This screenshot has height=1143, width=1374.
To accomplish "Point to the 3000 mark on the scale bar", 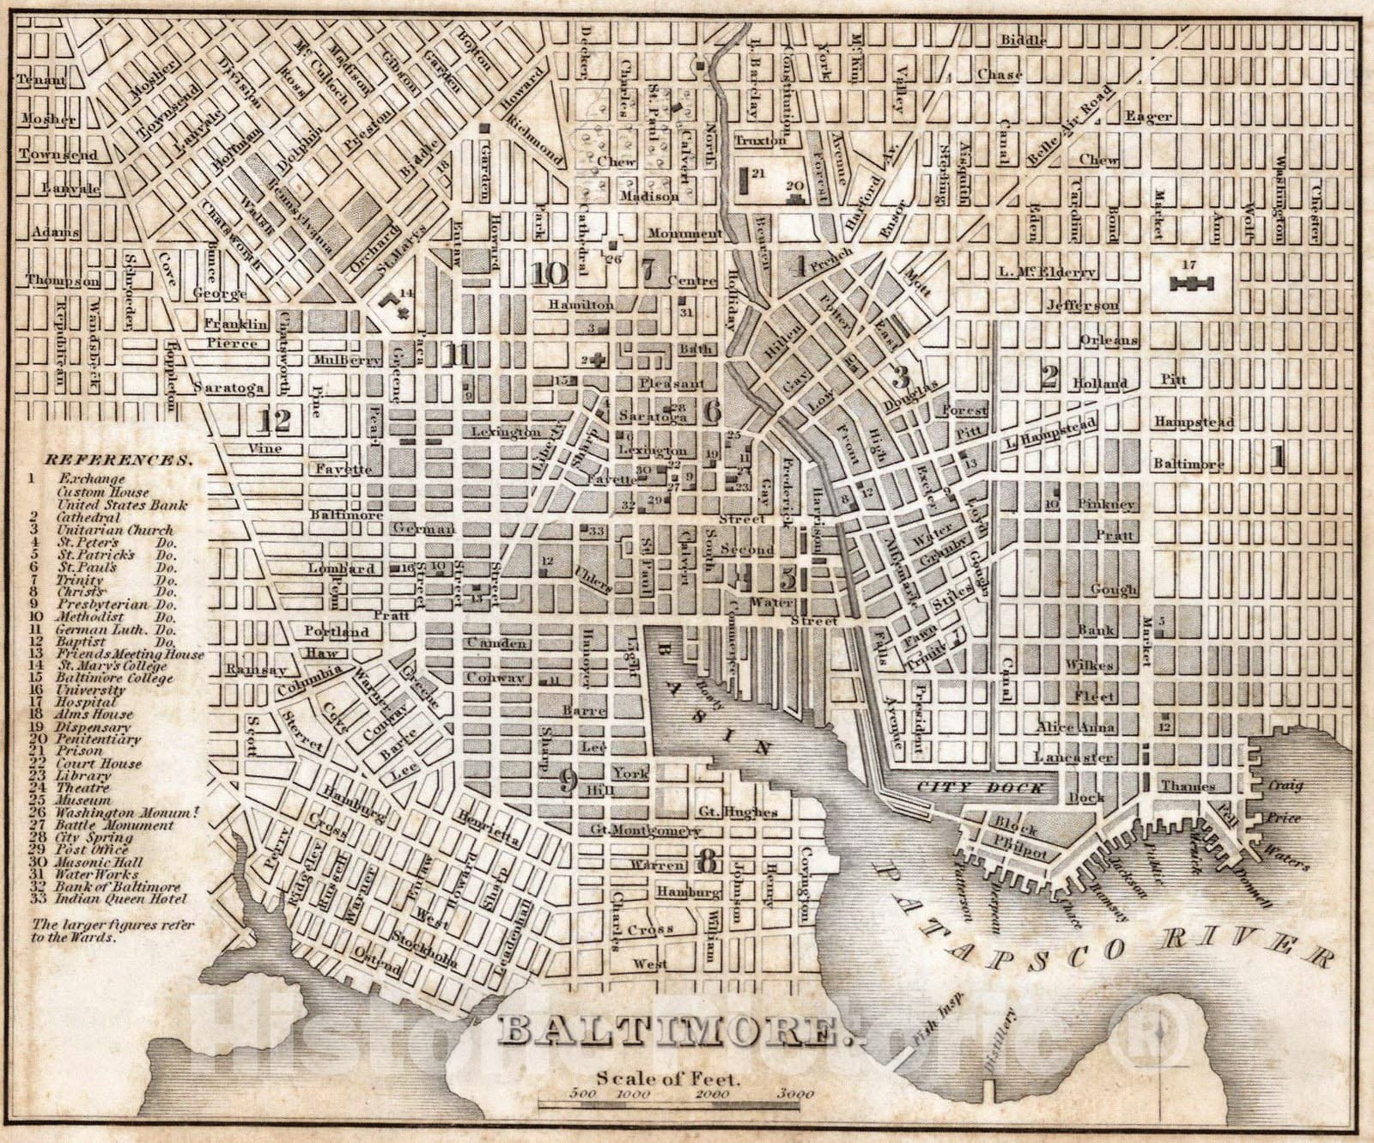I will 795,1094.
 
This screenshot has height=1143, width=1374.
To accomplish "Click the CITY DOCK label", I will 979,787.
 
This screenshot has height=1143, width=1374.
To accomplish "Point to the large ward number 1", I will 1278,459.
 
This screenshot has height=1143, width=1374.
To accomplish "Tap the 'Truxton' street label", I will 760,138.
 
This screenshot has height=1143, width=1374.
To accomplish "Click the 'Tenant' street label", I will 42,80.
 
